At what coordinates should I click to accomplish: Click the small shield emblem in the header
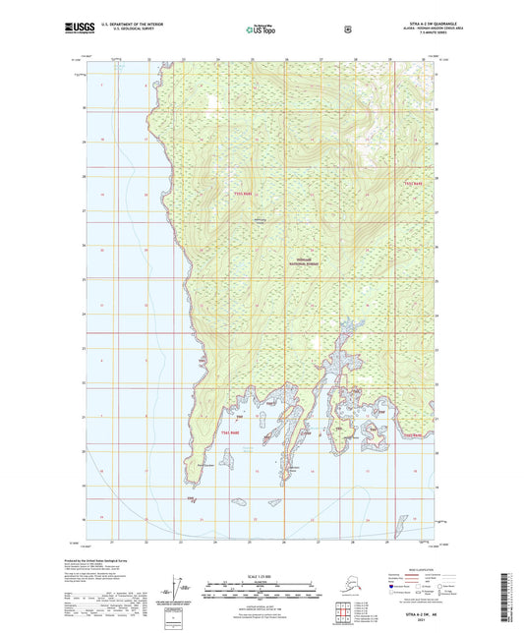347,29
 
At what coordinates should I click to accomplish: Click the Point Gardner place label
204,466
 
